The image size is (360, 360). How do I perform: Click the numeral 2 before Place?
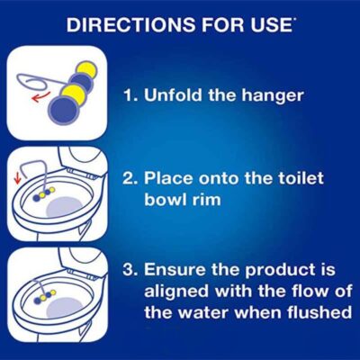click(x=129, y=178)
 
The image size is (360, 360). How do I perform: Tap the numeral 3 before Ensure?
click(x=129, y=270)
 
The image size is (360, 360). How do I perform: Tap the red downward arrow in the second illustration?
click(x=18, y=178)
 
